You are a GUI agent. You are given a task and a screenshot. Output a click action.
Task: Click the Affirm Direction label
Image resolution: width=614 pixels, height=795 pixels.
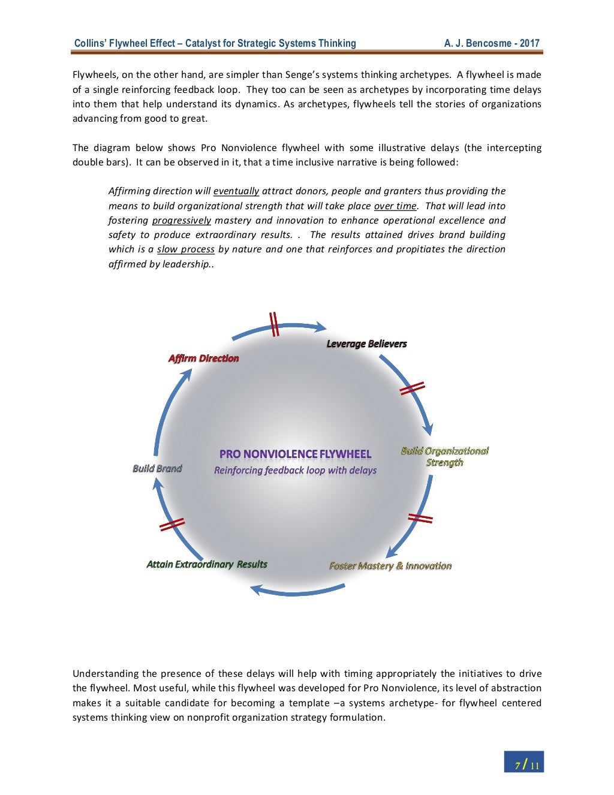pyautogui.click(x=203, y=359)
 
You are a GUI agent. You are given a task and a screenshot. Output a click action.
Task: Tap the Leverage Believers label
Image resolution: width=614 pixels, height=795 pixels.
pyautogui.click(x=366, y=344)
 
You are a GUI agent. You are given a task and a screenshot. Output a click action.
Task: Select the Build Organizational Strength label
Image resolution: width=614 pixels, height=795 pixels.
pyautogui.click(x=444, y=457)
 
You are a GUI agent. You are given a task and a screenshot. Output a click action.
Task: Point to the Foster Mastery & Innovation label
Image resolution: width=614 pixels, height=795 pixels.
pyautogui.click(x=390, y=566)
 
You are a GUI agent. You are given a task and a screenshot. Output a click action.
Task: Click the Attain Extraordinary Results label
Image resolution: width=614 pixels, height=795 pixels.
pyautogui.click(x=207, y=564)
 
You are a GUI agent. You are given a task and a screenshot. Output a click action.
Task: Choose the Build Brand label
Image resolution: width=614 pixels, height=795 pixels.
pyautogui.click(x=157, y=468)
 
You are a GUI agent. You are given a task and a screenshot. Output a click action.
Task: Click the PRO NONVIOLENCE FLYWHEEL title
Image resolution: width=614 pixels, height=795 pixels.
pyautogui.click(x=295, y=454)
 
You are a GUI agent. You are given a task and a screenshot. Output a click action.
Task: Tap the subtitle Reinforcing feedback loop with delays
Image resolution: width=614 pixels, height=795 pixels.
pyautogui.click(x=295, y=470)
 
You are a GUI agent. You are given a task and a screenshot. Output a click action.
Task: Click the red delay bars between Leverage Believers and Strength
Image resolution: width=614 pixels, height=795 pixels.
pyautogui.click(x=412, y=389)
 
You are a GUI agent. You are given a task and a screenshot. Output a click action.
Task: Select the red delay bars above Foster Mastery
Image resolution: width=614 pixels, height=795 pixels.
pyautogui.click(x=420, y=518)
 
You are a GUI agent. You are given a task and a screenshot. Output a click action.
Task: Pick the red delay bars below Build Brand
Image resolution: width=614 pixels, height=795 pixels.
pyautogui.click(x=172, y=525)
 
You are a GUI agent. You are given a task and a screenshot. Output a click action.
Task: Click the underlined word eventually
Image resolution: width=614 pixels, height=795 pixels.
pyautogui.click(x=236, y=191)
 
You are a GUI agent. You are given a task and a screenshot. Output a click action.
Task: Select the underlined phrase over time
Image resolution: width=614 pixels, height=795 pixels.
pyautogui.click(x=395, y=206)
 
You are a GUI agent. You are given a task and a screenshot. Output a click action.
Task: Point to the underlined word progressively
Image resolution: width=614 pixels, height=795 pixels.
pyautogui.click(x=182, y=220)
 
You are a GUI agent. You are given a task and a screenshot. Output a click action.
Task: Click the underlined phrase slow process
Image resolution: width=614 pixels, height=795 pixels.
pyautogui.click(x=186, y=249)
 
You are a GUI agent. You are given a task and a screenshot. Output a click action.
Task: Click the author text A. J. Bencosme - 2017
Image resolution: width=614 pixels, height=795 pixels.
pyautogui.click(x=492, y=43)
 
